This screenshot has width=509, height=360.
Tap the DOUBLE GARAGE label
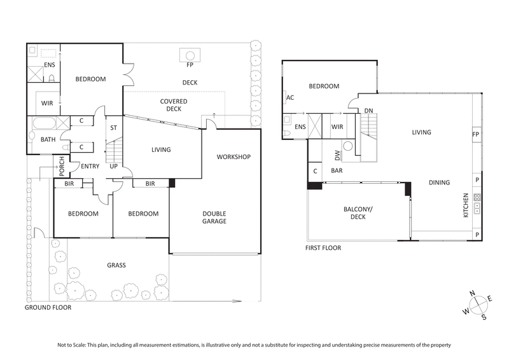pos(215,217)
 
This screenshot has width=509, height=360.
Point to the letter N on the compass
pos(471,293)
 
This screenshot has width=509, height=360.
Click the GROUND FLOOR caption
pos(48,307)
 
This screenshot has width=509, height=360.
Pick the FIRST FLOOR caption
pos(324,248)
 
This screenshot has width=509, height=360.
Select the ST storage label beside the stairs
pos(114,128)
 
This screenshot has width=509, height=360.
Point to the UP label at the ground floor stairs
pos(114,167)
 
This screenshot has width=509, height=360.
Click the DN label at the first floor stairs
pos(368,111)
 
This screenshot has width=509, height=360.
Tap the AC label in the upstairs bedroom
pos(290,98)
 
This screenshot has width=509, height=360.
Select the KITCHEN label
pos(466,206)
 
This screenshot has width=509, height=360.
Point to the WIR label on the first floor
pos(337,127)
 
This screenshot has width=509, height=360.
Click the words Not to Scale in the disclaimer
pos(73,345)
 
